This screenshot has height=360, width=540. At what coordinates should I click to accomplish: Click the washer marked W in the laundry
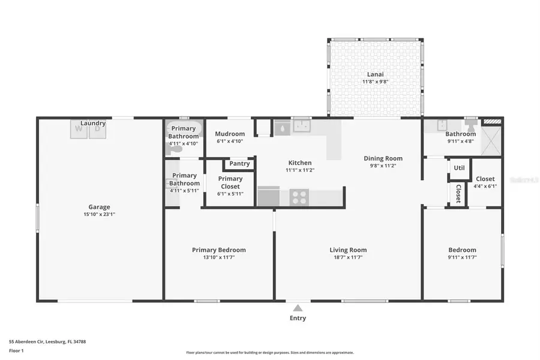tap(79, 129)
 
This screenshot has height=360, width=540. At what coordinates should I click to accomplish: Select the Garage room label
tap(100, 207)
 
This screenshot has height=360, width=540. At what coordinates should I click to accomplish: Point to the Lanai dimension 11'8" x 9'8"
tap(376, 82)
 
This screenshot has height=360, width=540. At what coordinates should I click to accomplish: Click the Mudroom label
tap(230, 134)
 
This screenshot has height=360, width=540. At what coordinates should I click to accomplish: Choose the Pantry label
tap(239, 164)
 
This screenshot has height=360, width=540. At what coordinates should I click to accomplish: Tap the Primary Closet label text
tap(230, 182)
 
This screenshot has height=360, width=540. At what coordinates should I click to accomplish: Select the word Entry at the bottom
tap(298, 318)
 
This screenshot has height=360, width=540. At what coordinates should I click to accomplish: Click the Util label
tap(459, 168)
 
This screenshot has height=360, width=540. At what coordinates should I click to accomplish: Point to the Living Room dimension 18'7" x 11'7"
tap(348, 257)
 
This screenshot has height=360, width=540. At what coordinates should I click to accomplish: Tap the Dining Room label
tap(383, 158)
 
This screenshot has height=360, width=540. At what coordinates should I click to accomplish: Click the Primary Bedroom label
tap(218, 250)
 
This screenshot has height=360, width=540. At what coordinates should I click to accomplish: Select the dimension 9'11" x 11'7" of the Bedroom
tap(462, 257)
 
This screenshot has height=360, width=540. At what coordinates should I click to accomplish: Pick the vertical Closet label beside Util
tap(458, 193)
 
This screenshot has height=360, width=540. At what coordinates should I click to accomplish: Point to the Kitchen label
tap(300, 163)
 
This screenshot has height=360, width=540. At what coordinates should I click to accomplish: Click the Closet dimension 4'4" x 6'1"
tap(485, 186)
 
